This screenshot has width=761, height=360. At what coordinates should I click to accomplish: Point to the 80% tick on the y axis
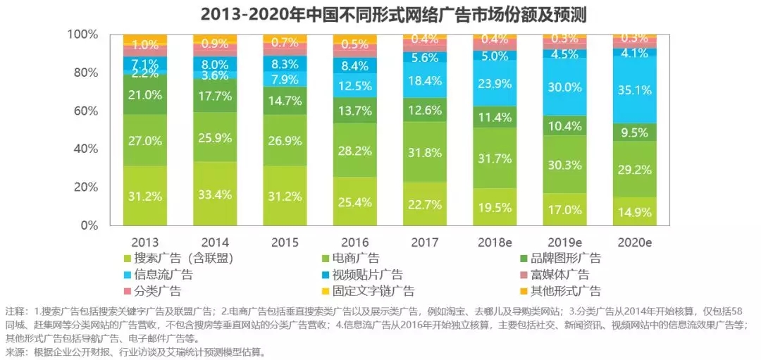(85, 73)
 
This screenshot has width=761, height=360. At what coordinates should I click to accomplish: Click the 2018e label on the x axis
(496, 242)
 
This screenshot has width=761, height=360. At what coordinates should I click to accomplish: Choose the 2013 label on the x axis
(144, 242)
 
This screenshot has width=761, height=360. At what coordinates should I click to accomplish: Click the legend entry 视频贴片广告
(374, 275)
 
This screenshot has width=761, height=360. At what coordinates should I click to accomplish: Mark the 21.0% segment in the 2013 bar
(144, 95)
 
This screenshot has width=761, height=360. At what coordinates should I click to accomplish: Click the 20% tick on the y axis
(85, 187)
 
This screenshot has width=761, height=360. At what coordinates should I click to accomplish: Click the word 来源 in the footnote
(14, 352)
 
